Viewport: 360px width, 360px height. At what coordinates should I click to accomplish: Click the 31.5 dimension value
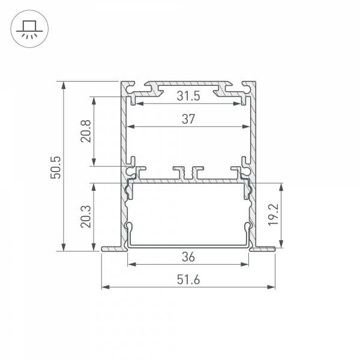pyautogui.click(x=188, y=96)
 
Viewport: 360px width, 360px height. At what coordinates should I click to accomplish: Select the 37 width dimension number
pyautogui.click(x=188, y=119)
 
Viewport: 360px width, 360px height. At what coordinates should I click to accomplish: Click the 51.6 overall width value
pyautogui.click(x=188, y=280)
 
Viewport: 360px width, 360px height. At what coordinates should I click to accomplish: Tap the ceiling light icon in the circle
pyautogui.click(x=28, y=28)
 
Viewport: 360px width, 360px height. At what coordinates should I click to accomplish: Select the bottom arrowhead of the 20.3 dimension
pyautogui.click(x=94, y=247)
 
